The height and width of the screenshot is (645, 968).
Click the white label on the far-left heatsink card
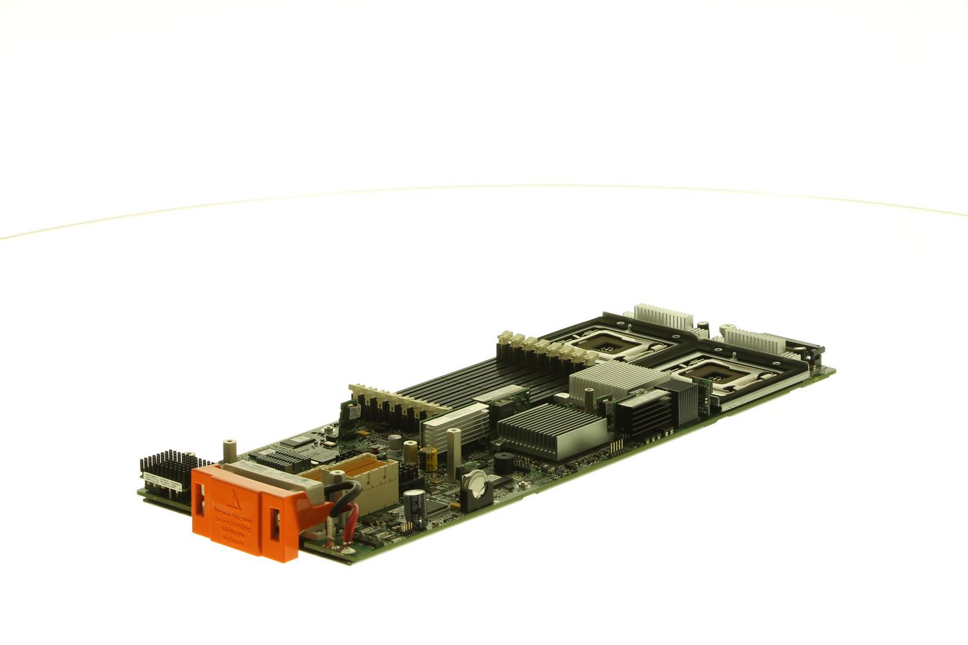[x=163, y=485]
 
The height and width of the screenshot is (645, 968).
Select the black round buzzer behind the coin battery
[x=503, y=465]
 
